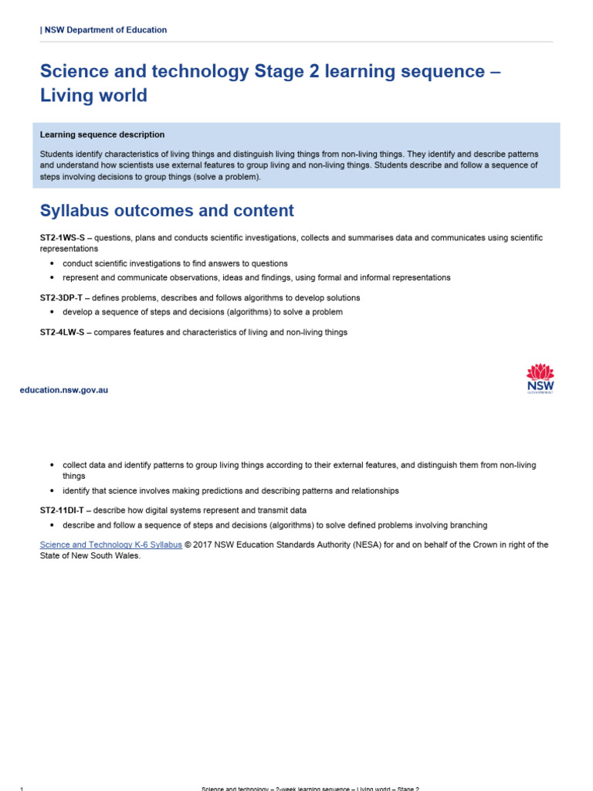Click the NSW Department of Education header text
pos(104,30)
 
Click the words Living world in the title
pos(93,97)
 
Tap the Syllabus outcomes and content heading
pos(167,211)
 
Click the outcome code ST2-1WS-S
pos(62,238)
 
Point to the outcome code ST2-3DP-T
pos(62,298)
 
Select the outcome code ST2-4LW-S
pos(62,332)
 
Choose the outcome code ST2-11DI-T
pos(63,511)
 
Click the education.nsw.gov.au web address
pos(64,390)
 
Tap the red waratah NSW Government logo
pos(540,378)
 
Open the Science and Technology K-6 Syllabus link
pos(111,545)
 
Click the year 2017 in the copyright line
pos(203,545)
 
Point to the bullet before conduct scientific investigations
pos(52,264)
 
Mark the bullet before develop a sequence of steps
pos(52,313)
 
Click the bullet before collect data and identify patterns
pos(52,466)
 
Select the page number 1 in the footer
pos(22,789)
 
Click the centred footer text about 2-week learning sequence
pos(310,789)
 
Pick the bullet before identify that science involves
pos(52,491)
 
